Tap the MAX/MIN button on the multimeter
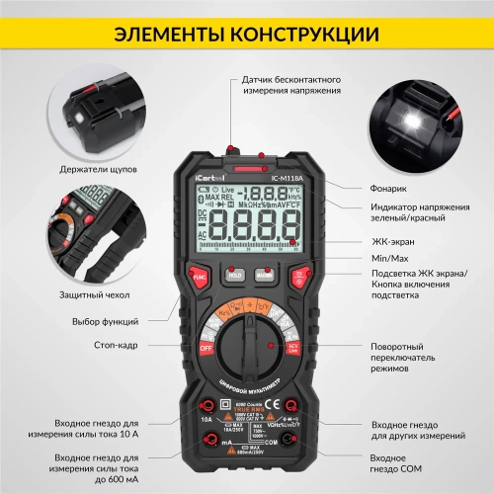tap(264, 277)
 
